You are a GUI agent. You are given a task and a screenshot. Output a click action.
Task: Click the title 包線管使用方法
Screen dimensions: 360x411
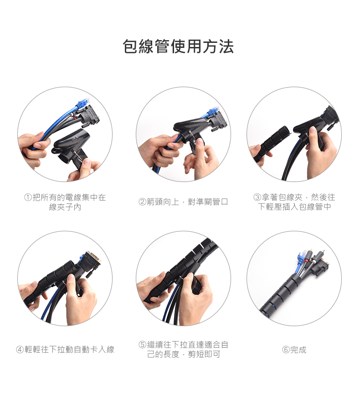tap(178, 47)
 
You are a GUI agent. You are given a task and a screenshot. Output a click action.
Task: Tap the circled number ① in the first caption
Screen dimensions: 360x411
tap(28, 197)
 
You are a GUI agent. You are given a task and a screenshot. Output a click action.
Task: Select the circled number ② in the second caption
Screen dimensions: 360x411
tap(142, 202)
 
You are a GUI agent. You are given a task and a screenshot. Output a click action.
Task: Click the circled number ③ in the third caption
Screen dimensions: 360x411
tap(257, 197)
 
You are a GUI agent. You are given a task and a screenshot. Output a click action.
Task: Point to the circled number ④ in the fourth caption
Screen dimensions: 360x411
tap(20, 349)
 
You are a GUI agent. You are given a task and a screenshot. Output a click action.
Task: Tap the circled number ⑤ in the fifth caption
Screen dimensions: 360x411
tap(142, 344)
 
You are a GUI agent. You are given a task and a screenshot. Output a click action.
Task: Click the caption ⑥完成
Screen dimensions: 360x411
tap(294, 349)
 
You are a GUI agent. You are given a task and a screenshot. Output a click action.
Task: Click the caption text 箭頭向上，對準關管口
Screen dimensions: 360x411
tap(187, 202)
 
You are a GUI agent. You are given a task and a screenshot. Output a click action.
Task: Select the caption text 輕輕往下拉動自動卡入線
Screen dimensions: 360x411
tap(69, 349)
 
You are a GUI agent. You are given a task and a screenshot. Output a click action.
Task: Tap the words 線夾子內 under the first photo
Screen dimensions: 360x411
tap(65, 207)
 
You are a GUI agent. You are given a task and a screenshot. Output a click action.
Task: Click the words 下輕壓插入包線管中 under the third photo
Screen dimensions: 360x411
tap(294, 207)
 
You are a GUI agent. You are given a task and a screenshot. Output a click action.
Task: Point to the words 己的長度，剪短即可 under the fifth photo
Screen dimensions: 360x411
tap(184, 354)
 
